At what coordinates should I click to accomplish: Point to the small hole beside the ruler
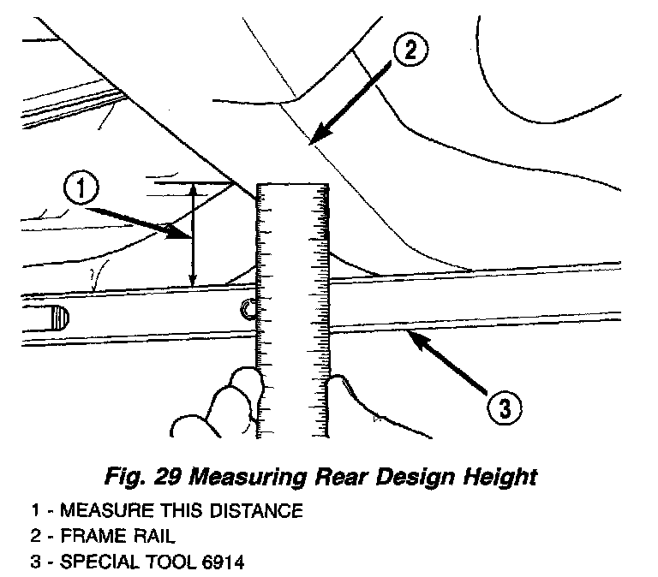[x=248, y=309]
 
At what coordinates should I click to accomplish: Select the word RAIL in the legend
[x=142, y=538]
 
